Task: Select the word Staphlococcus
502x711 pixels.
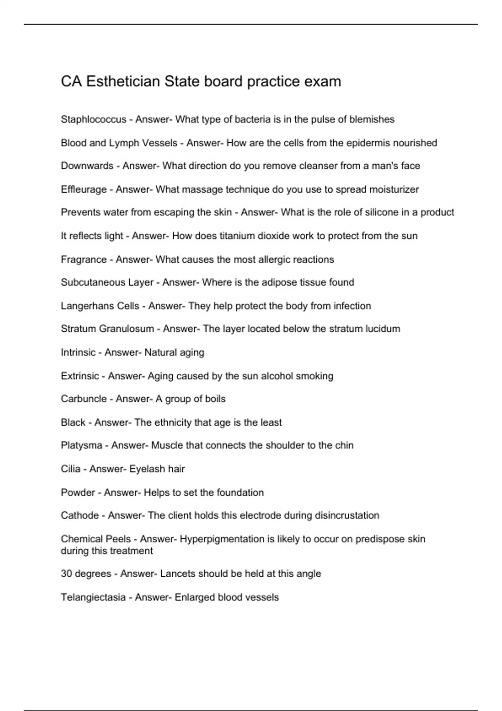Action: pos(93,120)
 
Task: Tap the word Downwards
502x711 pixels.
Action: pos(87,166)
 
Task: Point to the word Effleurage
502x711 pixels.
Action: pos(84,189)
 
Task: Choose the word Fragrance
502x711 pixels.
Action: pos(84,260)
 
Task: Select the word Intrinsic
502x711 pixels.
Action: pos(78,353)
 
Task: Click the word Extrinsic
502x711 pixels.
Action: pos(80,376)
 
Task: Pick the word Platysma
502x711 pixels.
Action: pos(82,445)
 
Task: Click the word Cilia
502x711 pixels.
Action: pos(70,469)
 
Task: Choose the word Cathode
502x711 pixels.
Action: pos(80,515)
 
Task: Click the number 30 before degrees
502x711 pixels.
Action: pos(66,574)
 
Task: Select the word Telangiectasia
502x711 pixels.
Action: pos(93,597)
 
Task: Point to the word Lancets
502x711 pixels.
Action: pos(178,574)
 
